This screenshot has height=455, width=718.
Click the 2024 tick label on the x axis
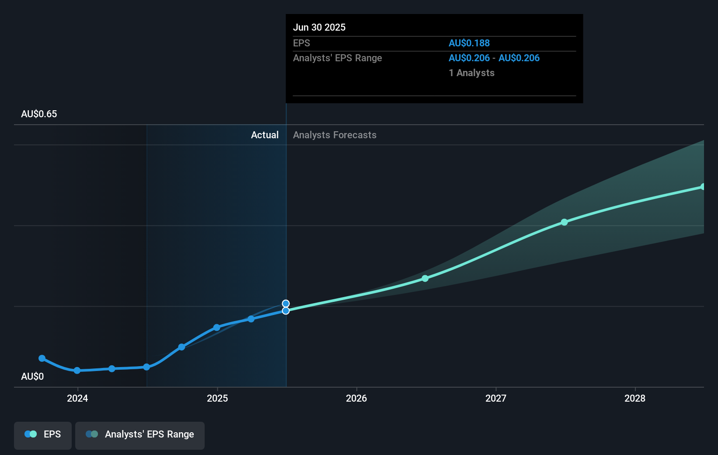tap(77, 398)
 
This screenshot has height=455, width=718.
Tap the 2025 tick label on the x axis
tap(217, 398)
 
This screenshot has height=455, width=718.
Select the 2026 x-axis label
tap(356, 398)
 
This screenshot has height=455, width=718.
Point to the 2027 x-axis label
tap(496, 398)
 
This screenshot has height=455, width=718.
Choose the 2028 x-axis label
tap(635, 398)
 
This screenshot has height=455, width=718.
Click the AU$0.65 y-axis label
tap(39, 114)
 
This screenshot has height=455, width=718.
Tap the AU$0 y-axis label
tap(32, 377)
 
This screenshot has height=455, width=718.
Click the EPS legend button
tap(43, 434)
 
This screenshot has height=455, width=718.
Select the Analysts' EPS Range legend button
tap(140, 434)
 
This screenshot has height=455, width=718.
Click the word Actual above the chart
tap(265, 135)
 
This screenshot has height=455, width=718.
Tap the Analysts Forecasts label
tap(335, 135)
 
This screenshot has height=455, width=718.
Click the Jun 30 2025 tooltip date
tap(319, 28)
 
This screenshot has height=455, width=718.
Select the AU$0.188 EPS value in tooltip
tap(469, 43)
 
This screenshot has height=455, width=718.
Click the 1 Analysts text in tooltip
tap(471, 73)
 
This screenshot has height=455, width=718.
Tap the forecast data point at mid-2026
tap(425, 278)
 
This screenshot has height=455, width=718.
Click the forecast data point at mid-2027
tap(565, 222)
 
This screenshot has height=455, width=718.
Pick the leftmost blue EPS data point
tap(42, 358)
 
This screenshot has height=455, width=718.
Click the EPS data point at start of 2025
tap(217, 327)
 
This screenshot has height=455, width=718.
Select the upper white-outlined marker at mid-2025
tap(286, 304)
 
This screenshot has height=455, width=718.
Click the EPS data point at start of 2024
tap(77, 371)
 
